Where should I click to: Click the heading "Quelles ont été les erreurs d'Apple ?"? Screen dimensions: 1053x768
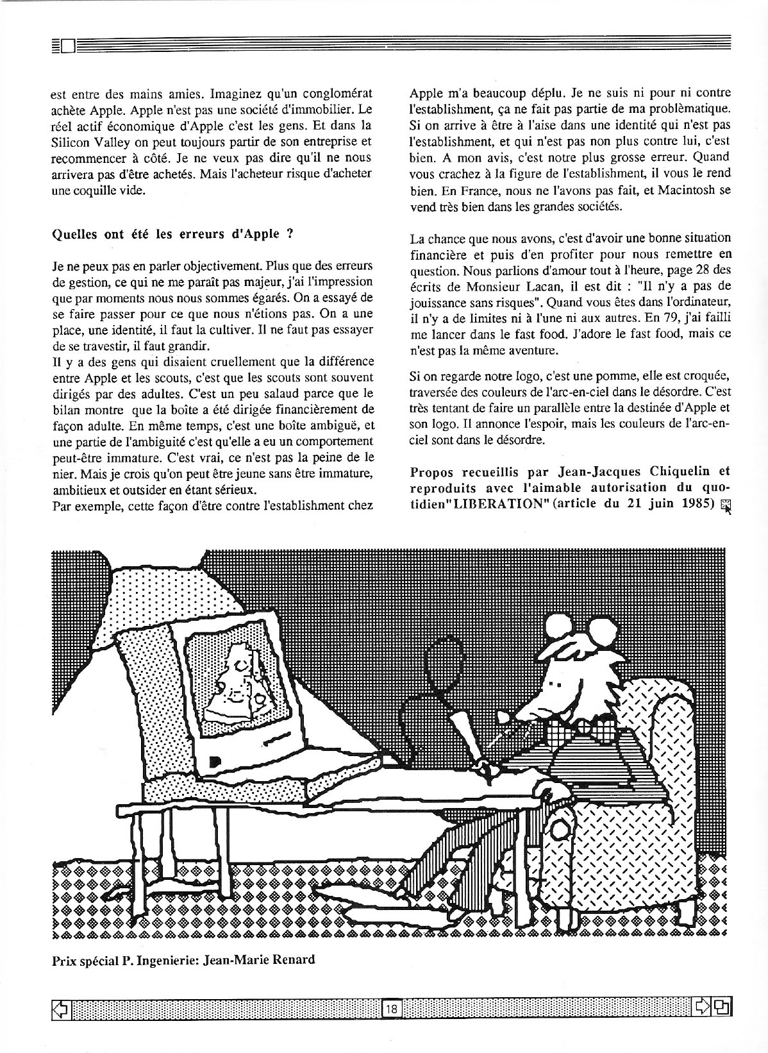pos(173,233)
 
